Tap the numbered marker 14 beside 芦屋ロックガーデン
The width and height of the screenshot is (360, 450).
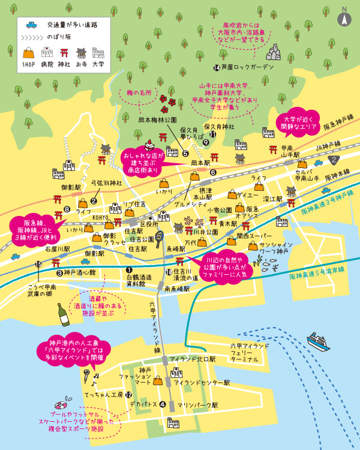[217, 67]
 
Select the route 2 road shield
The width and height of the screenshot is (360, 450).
[334, 160]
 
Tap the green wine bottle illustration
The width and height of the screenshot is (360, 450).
[62, 314]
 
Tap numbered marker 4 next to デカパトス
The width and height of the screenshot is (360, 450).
[162, 404]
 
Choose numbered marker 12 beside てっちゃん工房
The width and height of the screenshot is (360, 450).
[128, 394]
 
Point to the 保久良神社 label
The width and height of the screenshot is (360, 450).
[218, 127]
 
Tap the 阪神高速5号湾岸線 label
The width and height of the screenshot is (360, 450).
[317, 277]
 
